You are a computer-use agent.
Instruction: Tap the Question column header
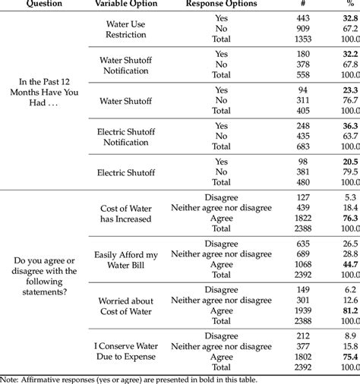(x=44, y=4)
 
